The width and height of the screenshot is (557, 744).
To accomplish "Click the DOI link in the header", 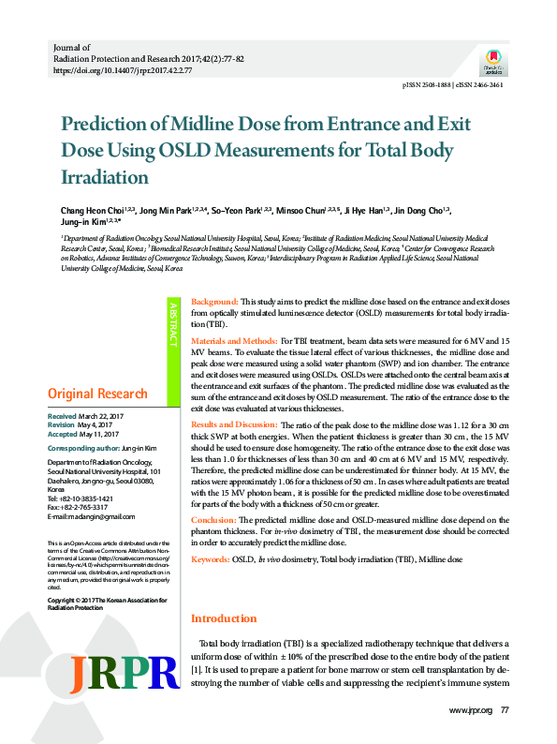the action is [x=123, y=69].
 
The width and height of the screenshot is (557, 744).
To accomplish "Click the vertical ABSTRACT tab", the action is [x=172, y=324].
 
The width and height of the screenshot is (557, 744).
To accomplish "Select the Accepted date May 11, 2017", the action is [x=99, y=434].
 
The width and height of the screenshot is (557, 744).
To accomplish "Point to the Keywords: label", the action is [x=211, y=559].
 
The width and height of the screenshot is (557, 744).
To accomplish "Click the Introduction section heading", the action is [x=225, y=618].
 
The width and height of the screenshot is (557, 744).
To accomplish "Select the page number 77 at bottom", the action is [x=505, y=710].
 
